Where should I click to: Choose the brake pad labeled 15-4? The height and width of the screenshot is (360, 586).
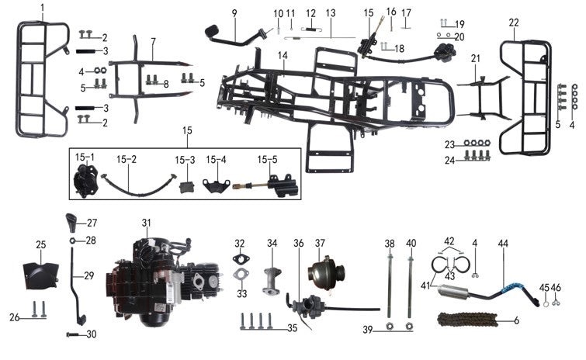click(211, 185)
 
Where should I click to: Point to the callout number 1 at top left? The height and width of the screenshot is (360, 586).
click(43, 7)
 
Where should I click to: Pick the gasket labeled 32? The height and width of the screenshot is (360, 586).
click(240, 258)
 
